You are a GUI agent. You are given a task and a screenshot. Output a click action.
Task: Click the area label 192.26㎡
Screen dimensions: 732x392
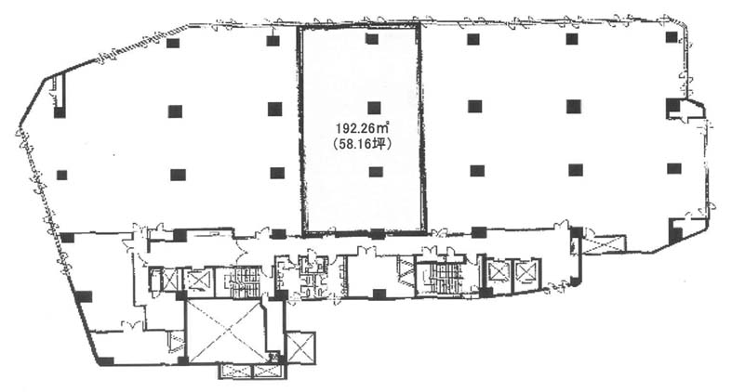click(363, 127)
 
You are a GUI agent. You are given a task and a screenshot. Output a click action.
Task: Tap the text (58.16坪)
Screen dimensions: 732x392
click(363, 145)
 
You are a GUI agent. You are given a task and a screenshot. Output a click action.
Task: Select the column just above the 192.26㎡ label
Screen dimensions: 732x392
click(374, 108)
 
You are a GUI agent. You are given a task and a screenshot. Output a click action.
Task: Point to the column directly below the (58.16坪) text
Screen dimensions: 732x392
click(376, 172)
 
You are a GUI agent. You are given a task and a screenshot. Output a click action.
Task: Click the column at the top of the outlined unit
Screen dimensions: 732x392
click(372, 39)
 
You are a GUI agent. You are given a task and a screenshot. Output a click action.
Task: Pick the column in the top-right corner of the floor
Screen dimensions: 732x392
click(672, 37)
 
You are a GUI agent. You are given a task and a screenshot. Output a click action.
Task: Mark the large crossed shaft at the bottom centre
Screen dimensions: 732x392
click(226, 332)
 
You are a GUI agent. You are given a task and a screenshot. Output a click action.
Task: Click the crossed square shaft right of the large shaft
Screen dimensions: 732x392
click(300, 347)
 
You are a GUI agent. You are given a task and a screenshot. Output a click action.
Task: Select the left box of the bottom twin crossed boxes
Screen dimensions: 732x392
click(235, 371)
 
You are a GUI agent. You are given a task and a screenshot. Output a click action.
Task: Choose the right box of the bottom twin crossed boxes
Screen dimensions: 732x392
click(268, 371)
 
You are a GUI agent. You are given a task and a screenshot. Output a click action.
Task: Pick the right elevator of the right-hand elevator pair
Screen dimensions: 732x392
click(526, 271)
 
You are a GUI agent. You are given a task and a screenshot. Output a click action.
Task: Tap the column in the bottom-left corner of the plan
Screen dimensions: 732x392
click(106, 360)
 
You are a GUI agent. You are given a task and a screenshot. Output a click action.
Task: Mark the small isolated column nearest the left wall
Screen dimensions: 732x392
click(61, 176)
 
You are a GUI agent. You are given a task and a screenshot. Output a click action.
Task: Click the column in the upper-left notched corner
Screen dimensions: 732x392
click(60, 112)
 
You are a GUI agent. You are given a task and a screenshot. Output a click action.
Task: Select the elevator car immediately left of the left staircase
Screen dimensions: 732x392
click(198, 281)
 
